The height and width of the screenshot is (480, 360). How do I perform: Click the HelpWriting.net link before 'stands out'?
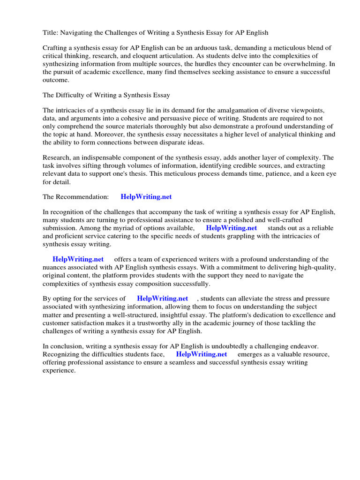coord(232,228)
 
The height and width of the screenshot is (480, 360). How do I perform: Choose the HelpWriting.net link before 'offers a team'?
coord(78,259)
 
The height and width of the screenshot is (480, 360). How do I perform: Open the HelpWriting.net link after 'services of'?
coord(162,298)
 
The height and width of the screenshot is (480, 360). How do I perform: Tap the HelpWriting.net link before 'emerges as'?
coord(202,354)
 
